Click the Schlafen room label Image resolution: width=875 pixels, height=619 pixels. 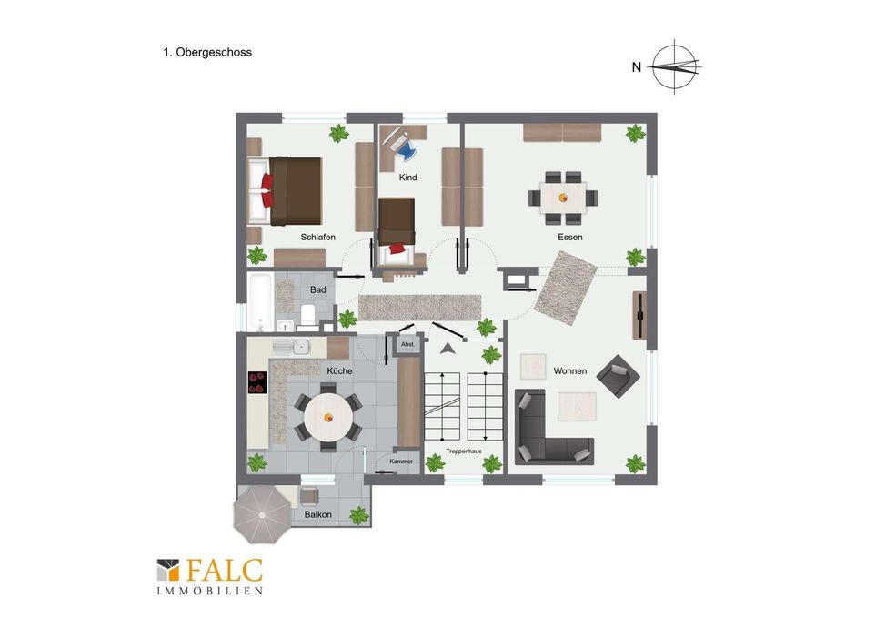pyautogui.click(x=318, y=237)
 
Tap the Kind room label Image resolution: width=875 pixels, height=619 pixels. pyautogui.click(x=407, y=178)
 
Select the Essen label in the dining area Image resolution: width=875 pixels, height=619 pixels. pyautogui.click(x=569, y=237)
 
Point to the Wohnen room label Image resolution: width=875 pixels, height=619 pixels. pyautogui.click(x=569, y=370)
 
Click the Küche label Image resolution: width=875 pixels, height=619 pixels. pyautogui.click(x=339, y=370)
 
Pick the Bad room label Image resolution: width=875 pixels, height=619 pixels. pyautogui.click(x=318, y=289)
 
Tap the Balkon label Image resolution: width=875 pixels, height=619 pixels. pyautogui.click(x=318, y=514)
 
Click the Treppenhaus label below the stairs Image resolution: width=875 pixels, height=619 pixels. pyautogui.click(x=464, y=451)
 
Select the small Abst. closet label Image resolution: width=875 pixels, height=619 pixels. pyautogui.click(x=407, y=344)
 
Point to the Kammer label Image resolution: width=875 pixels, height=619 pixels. pyautogui.click(x=401, y=462)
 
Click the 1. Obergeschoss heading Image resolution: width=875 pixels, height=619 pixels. pyautogui.click(x=207, y=52)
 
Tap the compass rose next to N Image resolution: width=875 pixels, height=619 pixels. pyautogui.click(x=675, y=67)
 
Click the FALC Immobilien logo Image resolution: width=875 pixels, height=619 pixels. pyautogui.click(x=210, y=576)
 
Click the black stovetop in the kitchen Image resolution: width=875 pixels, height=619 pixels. pyautogui.click(x=257, y=383)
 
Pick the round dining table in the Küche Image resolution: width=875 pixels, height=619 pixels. pyautogui.click(x=328, y=417)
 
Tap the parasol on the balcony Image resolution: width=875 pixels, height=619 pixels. pyautogui.click(x=262, y=514)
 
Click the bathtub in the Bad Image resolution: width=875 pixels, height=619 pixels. pyautogui.click(x=260, y=302)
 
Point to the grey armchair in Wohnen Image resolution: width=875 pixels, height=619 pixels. pyautogui.click(x=618, y=376)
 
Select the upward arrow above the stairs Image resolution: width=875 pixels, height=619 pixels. pyautogui.click(x=446, y=349)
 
